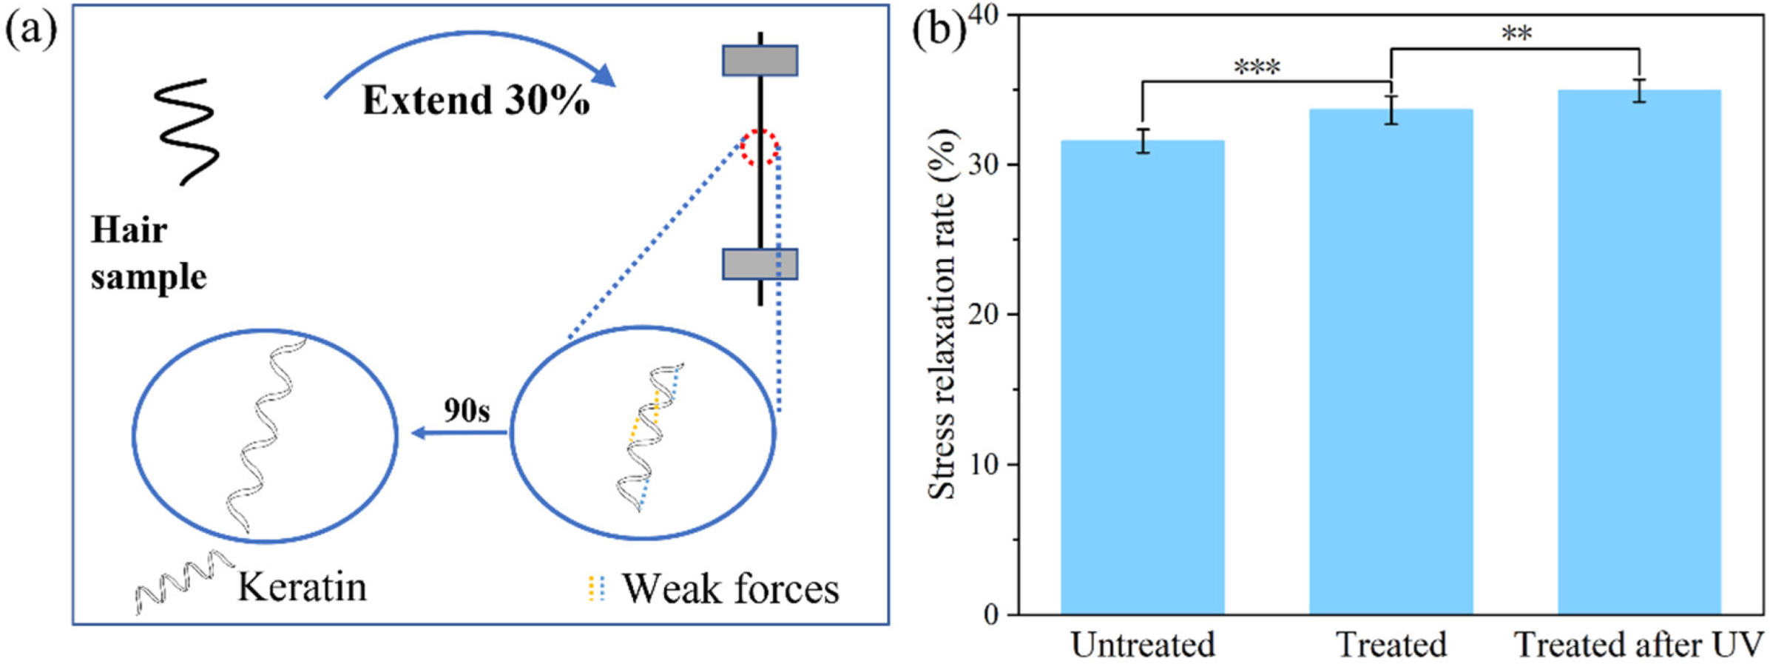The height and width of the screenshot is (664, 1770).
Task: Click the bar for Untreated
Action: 1142,378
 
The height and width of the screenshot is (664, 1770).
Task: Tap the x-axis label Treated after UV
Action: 1639,645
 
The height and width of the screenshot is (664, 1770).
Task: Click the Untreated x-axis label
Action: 1143,645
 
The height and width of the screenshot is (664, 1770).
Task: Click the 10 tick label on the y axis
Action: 982,465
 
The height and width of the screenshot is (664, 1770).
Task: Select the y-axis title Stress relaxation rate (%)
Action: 942,315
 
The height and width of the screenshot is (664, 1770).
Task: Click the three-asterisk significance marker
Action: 1257,68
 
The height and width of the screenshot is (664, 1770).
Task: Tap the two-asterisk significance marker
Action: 1516,34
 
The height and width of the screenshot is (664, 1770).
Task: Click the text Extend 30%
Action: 476,101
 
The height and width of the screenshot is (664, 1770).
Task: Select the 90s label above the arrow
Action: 467,410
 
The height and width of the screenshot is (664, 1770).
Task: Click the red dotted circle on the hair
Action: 760,147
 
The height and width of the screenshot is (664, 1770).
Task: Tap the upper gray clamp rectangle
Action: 760,61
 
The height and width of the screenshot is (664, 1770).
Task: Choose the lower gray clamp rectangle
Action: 760,264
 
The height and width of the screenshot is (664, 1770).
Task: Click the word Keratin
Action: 302,588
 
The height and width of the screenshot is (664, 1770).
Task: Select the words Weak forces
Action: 730,589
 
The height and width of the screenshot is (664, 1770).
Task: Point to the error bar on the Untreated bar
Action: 1144,141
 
